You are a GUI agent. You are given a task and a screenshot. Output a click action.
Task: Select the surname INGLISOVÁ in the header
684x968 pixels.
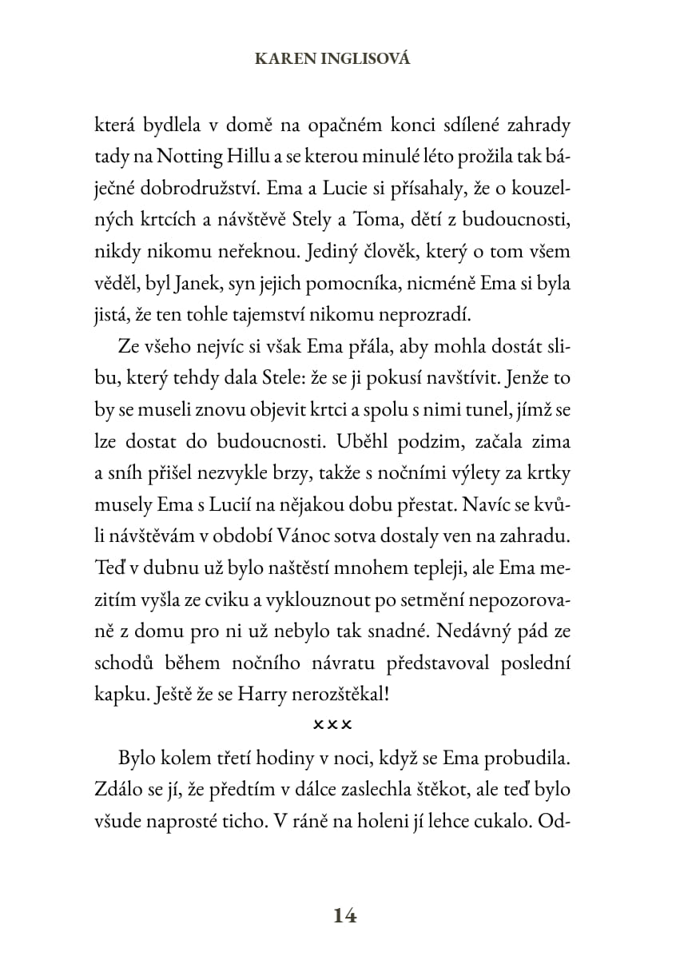point(365,59)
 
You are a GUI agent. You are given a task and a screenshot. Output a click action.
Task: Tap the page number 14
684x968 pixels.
point(344,915)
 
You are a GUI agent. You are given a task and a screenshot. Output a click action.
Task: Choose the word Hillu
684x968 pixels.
point(250,157)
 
